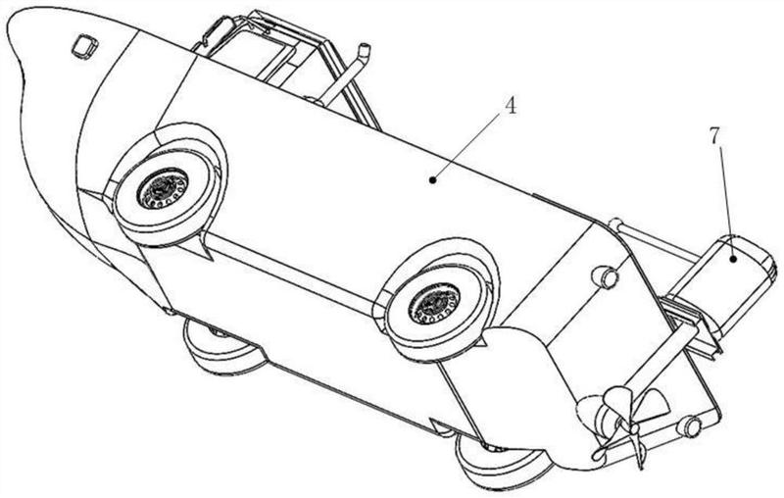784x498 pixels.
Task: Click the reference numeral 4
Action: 510,106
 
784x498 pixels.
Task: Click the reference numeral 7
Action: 715,135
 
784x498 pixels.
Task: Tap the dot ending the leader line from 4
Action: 432,179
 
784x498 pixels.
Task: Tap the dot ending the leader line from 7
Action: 733,259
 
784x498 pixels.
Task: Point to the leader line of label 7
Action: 726,203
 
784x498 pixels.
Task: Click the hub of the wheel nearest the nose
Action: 163,189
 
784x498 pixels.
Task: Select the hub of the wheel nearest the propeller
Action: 434,303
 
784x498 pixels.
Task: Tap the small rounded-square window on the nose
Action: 84,46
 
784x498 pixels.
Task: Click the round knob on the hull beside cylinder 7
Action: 605,276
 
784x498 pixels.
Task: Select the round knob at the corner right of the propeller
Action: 690,426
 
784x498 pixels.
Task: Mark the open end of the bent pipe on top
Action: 366,49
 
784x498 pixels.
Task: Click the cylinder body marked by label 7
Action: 720,281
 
